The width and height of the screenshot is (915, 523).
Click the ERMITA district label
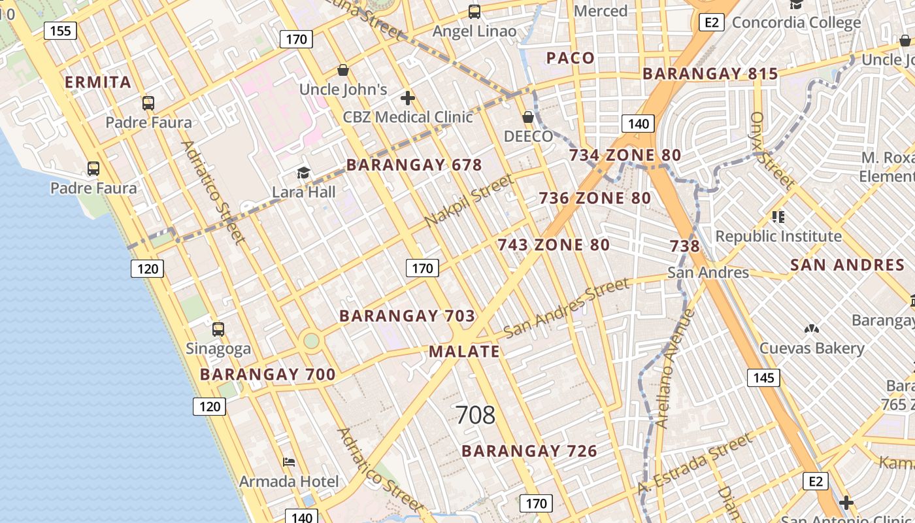[98, 82]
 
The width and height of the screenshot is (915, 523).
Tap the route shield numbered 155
[61, 31]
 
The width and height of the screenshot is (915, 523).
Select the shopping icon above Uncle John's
[343, 70]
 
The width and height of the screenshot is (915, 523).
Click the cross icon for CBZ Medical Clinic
[408, 99]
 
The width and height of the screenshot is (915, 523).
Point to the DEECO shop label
[528, 136]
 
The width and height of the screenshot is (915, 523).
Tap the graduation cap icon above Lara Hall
[303, 173]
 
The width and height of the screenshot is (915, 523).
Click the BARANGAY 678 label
[414, 165]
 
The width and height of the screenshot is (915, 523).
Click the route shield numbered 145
[763, 377]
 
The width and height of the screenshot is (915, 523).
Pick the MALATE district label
[465, 352]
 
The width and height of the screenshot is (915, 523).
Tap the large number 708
[475, 415]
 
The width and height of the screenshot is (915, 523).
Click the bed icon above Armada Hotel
[289, 462]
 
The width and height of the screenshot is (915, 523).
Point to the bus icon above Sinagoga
[218, 329]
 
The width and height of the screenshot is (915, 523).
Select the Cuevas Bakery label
[812, 348]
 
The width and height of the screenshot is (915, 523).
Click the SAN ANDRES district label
[847, 265]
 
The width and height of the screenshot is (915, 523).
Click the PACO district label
[571, 58]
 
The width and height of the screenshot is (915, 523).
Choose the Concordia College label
[796, 23]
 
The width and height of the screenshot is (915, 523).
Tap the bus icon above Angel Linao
[474, 12]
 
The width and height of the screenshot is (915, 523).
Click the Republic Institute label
[778, 236]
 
